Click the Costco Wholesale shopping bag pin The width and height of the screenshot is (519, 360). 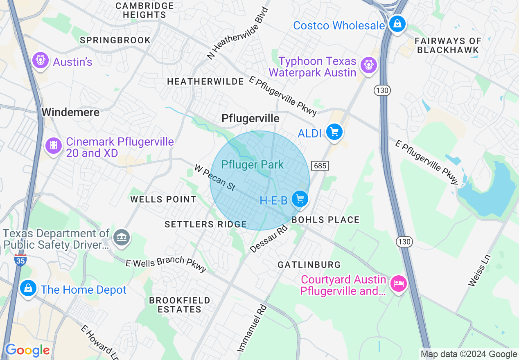pos(397,24)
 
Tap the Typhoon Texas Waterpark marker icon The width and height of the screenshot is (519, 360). pos(369,65)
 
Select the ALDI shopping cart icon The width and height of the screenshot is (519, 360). pos(334,132)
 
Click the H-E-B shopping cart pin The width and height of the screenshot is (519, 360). pos(300,199)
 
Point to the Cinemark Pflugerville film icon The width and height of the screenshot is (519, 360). pos(54,146)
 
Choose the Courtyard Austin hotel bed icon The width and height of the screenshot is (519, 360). pos(398,283)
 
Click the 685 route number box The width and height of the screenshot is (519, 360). pos(320,166)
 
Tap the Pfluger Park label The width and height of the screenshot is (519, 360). pos(252,165)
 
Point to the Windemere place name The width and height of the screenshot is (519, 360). pos(70,112)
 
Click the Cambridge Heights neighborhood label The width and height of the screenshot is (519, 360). pos(144,10)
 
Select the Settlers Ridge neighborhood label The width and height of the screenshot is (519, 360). pos(205,224)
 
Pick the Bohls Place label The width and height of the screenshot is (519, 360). pos(325,220)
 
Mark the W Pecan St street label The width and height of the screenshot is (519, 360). pos(215,178)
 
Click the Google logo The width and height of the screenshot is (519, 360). pos(27,351)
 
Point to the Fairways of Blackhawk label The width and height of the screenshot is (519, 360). pos(448,45)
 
